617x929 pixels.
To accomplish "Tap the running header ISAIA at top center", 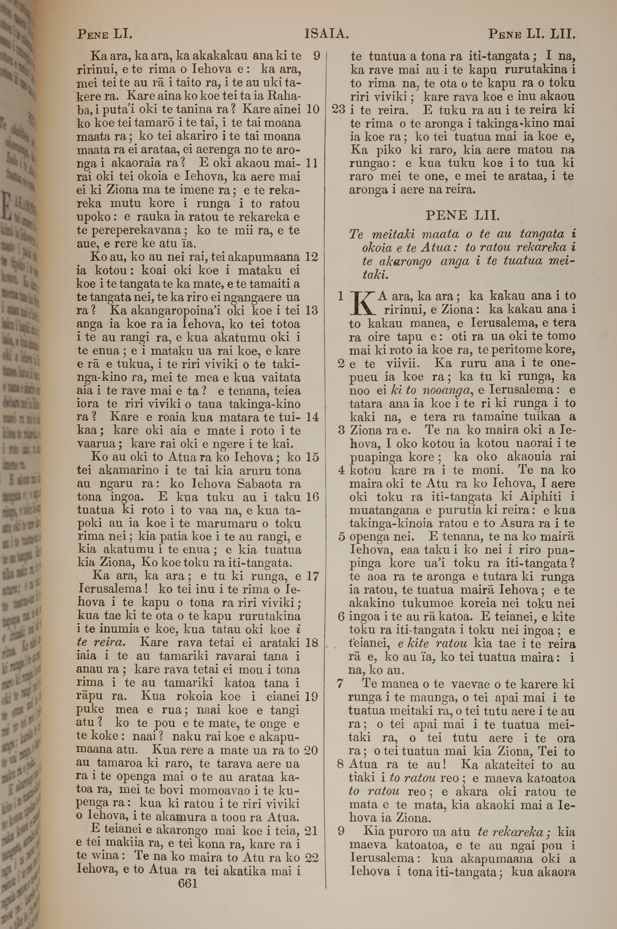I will point(327,35).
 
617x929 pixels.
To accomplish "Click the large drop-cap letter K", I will point(362,304).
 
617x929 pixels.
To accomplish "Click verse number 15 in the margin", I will point(312,457).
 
